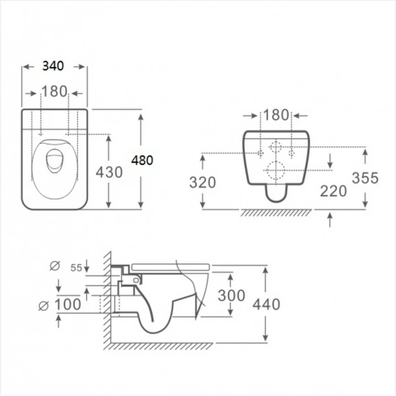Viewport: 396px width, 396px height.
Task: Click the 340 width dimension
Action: tap(53, 66)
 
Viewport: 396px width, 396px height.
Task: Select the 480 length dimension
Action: tap(142, 160)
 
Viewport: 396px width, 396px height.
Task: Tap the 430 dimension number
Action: tap(109, 172)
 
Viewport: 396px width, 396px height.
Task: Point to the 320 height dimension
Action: tap(203, 182)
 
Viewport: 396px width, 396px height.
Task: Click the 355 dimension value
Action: tap(365, 178)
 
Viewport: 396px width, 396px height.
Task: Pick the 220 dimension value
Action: tap(333, 191)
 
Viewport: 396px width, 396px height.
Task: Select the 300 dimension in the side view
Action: tap(231, 295)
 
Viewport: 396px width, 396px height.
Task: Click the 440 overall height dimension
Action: tap(266, 304)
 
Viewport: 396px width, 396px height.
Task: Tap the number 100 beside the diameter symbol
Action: tap(68, 304)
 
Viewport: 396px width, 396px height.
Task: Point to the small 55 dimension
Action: tap(76, 268)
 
